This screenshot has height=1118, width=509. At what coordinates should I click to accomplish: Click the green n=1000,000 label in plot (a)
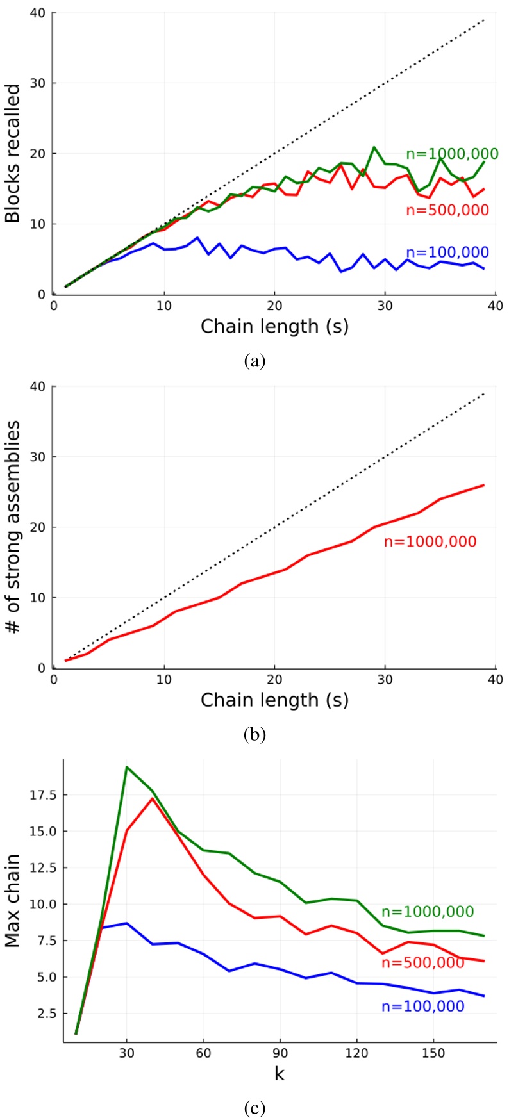point(452,154)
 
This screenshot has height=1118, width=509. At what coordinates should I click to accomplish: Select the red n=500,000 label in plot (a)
point(447,210)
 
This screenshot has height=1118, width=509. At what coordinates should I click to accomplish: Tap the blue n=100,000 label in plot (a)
point(447,252)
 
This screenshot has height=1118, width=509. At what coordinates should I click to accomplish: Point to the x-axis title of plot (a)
point(274,326)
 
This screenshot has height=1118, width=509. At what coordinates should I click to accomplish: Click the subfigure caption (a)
point(254,361)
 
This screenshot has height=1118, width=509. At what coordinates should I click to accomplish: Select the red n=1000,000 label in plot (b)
point(430,541)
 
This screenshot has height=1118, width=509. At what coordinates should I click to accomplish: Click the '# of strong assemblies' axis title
point(13,527)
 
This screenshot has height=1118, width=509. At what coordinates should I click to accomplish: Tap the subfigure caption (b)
point(254,734)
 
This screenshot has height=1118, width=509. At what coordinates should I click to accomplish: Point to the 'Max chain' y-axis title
point(12,900)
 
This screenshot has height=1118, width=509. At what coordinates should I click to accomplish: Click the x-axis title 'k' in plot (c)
point(280,1074)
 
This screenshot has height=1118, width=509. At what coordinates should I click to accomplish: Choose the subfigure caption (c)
point(254,1108)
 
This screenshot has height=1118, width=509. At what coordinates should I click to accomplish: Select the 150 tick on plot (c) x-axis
point(433,1054)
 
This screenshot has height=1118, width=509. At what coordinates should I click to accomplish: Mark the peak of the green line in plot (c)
point(127,767)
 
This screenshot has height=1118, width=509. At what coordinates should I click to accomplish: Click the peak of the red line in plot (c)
point(153,798)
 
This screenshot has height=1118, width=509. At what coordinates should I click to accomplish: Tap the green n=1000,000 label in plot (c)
point(428,912)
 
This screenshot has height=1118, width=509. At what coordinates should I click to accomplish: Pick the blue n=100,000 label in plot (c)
point(423,1007)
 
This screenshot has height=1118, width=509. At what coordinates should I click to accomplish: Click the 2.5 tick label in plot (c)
point(47,1014)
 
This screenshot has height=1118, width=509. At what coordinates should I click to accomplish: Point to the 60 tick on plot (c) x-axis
point(203,1054)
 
